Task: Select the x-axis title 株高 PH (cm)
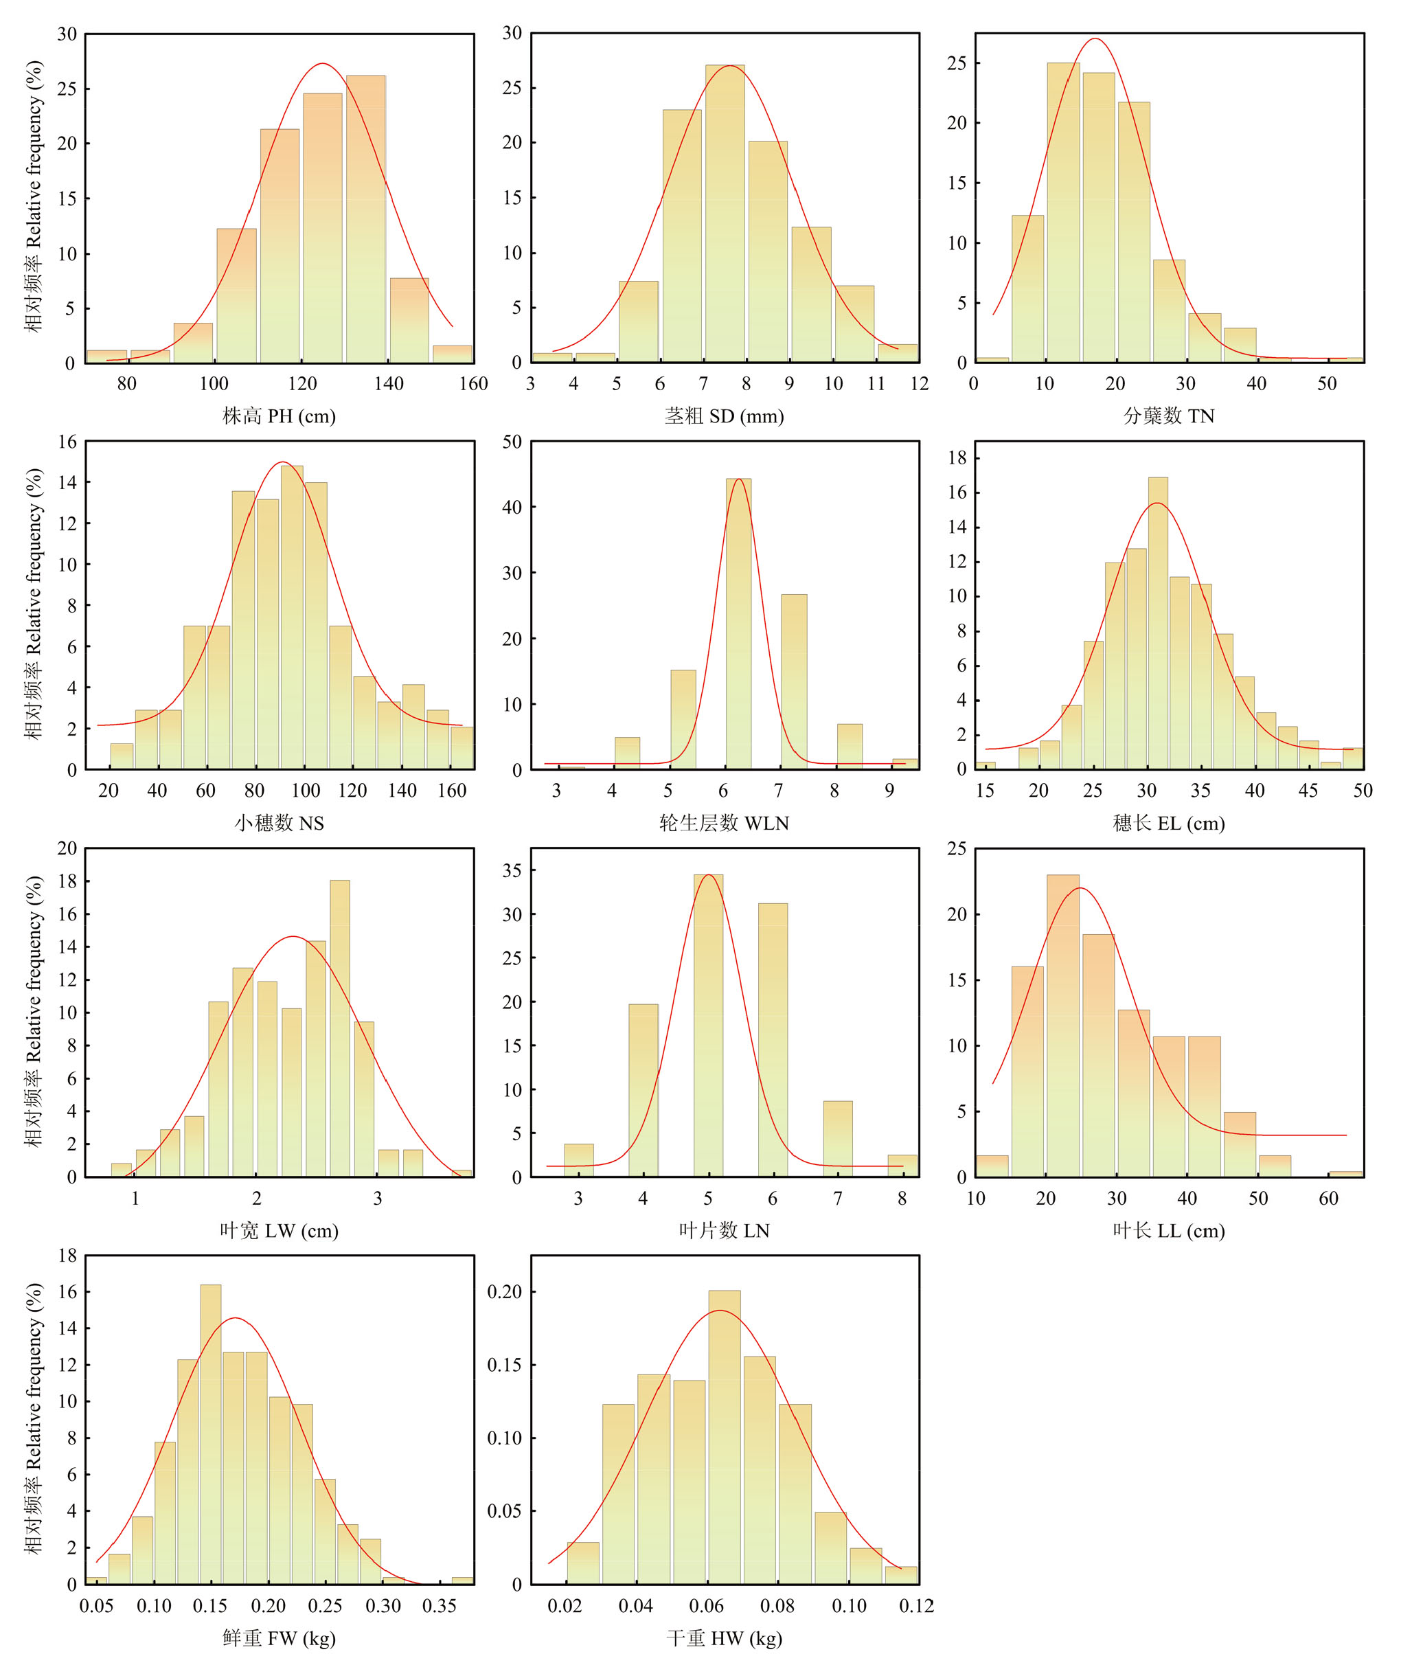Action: click(x=279, y=416)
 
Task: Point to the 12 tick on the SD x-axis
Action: click(x=919, y=384)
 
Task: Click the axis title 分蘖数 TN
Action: click(x=1168, y=416)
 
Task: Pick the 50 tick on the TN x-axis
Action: click(x=1326, y=384)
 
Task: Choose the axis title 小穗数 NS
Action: click(x=279, y=823)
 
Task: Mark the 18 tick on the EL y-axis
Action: click(x=957, y=457)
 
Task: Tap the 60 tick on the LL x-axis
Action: click(x=1328, y=1198)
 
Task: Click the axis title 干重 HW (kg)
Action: click(x=724, y=1638)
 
